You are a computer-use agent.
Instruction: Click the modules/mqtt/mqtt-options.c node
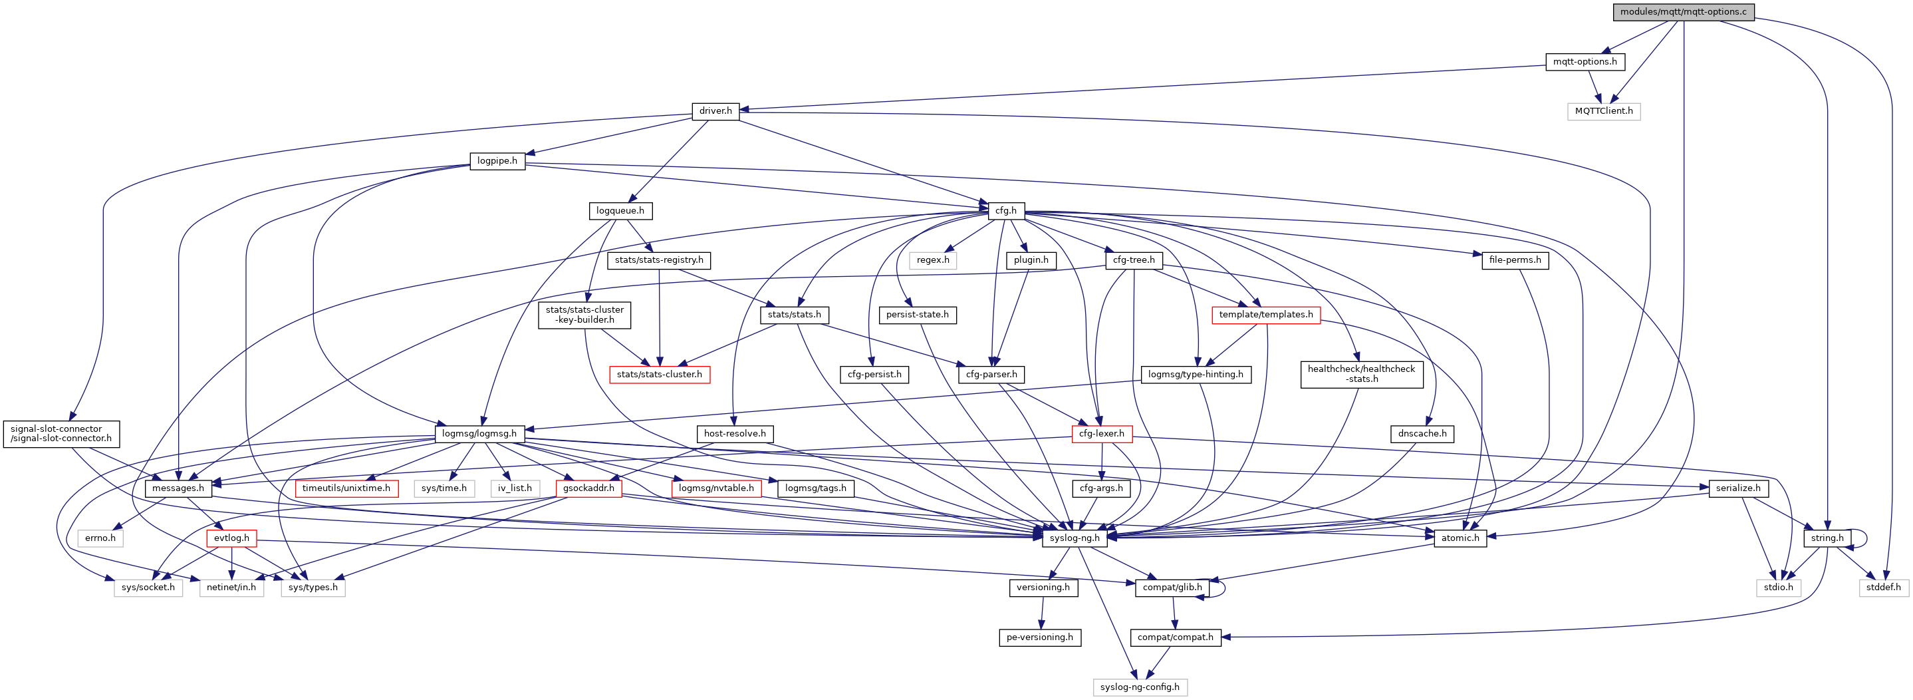(1683, 12)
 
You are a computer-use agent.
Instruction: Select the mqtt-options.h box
(1585, 62)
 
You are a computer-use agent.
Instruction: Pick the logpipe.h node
(497, 161)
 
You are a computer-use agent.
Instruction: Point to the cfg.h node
(1005, 211)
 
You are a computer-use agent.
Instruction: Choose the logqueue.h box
(620, 211)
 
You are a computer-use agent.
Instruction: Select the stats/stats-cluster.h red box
(659, 375)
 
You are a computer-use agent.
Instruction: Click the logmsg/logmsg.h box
(479, 434)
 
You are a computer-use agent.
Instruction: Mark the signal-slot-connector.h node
(61, 434)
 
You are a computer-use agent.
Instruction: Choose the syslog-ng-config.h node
(1139, 687)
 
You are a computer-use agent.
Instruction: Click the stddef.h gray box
(1883, 588)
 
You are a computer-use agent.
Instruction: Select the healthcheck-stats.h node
(1361, 375)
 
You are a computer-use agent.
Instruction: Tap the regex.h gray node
(933, 261)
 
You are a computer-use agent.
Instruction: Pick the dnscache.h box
(1422, 434)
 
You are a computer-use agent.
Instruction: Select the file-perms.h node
(1515, 261)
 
